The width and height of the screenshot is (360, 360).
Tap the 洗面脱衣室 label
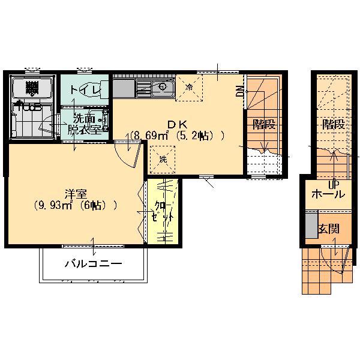(x=84, y=125)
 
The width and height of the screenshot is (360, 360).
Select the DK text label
(x=177, y=125)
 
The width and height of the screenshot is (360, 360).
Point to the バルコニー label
(x=93, y=264)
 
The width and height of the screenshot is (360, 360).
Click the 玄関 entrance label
(x=329, y=229)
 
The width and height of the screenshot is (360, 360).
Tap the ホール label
(x=328, y=194)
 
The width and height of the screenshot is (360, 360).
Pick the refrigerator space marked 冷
(x=189, y=88)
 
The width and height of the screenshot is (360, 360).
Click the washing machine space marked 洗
(x=163, y=159)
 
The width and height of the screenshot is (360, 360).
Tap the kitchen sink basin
(x=163, y=87)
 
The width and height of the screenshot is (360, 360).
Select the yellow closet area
(x=163, y=212)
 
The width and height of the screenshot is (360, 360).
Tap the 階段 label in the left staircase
(x=264, y=125)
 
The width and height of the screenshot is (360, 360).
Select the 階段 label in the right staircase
(x=334, y=125)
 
